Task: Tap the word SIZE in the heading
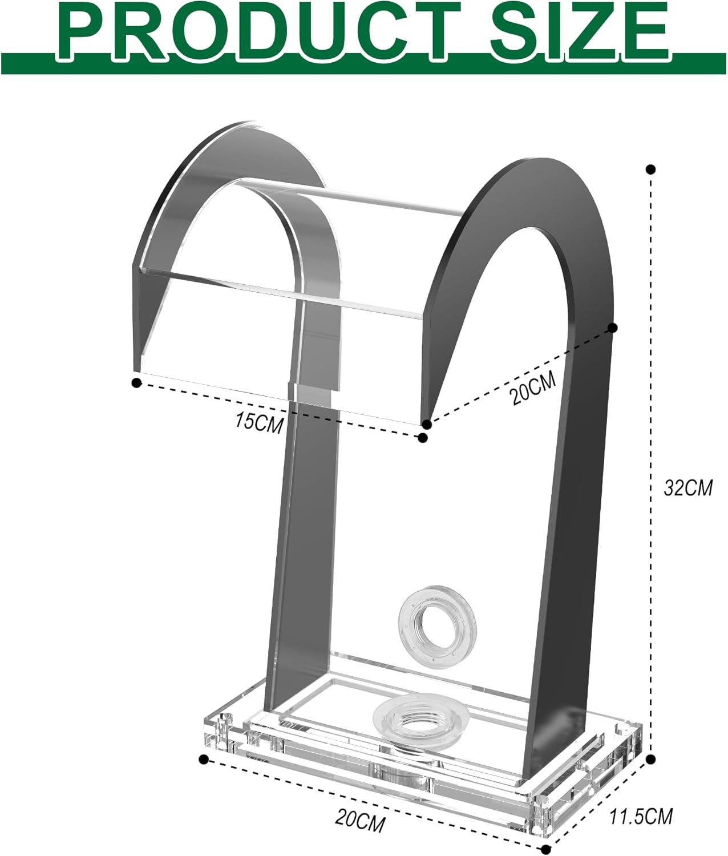pyautogui.click(x=579, y=29)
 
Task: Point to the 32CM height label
pyautogui.click(x=688, y=488)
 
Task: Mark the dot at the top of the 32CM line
pyautogui.click(x=650, y=169)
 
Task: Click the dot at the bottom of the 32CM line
pyautogui.click(x=652, y=758)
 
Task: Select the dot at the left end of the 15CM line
pyautogui.click(x=136, y=383)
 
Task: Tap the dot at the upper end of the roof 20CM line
pyautogui.click(x=613, y=328)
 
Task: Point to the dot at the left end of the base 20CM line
pyautogui.click(x=203, y=758)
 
